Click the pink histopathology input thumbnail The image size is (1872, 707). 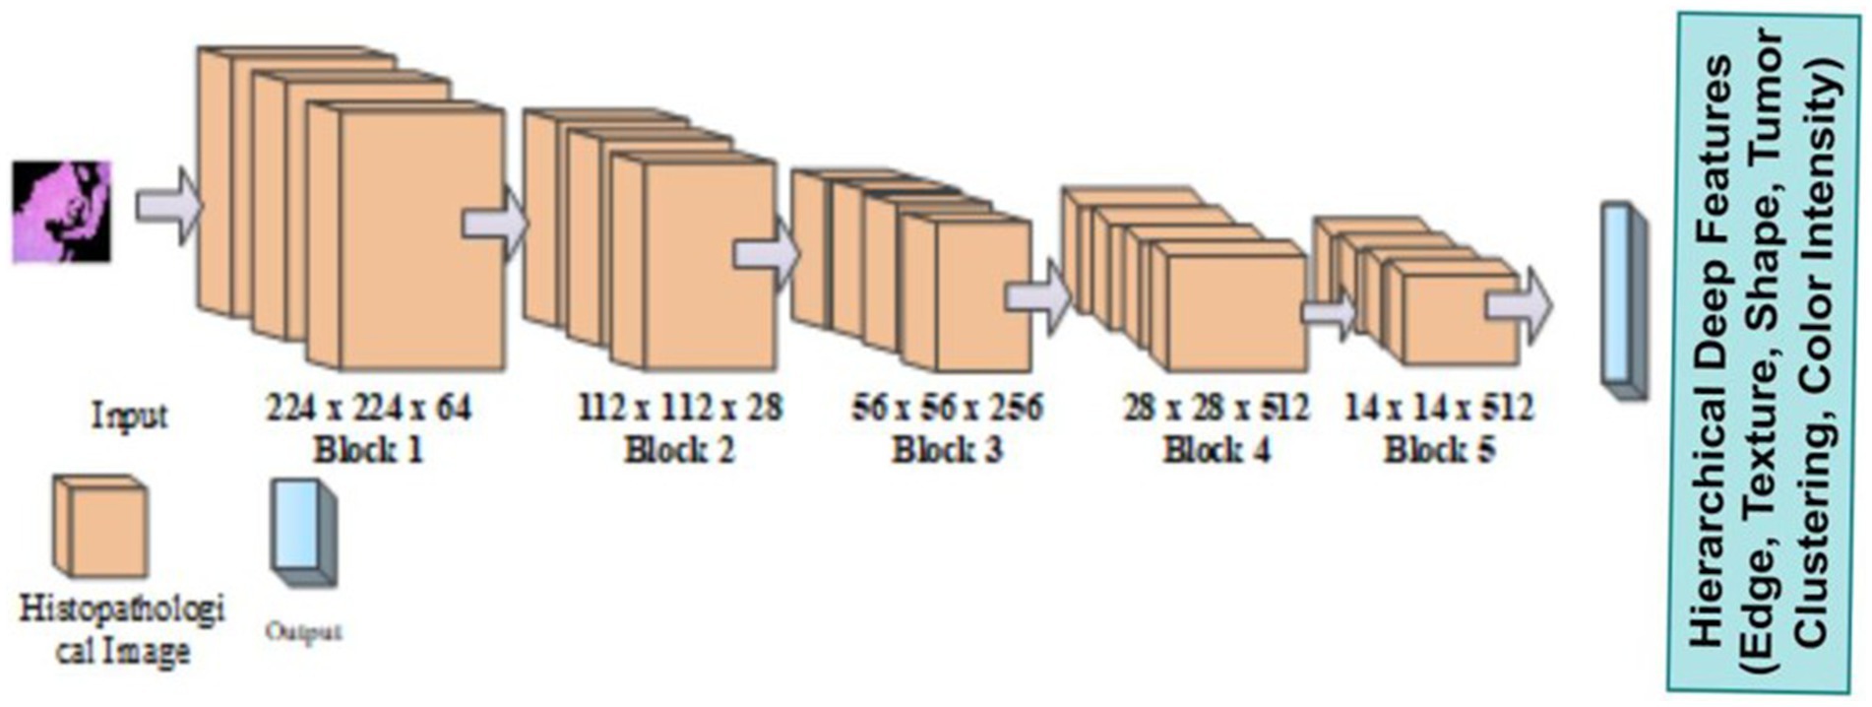pos(61,211)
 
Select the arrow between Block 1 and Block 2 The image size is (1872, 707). pos(495,224)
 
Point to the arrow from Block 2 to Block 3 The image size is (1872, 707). pos(766,254)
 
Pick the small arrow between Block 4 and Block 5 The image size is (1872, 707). pos(1329,313)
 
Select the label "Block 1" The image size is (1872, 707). pos(368,450)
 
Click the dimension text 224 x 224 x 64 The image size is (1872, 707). pos(368,407)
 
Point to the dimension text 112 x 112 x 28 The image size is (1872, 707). pos(680,407)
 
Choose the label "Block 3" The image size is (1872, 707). pos(947,450)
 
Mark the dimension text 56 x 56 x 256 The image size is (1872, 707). pos(947,407)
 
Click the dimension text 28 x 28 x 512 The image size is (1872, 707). pos(1217,407)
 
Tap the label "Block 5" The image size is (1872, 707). pos(1439,450)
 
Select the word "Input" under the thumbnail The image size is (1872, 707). pos(129,416)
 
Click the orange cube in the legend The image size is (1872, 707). pos(100,527)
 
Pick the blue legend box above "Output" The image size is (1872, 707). pos(303,532)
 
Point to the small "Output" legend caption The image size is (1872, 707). pos(303,631)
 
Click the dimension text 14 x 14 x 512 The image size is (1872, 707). pos(1439,407)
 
